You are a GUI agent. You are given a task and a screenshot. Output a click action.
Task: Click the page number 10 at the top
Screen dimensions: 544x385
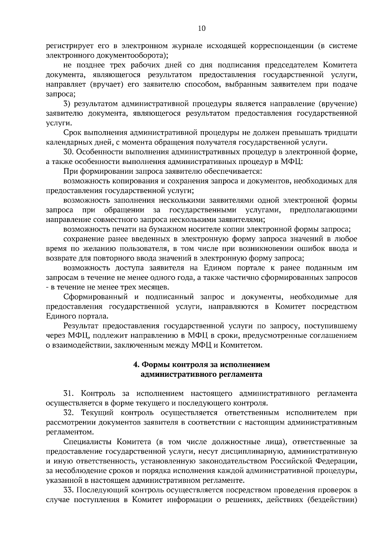[202, 28]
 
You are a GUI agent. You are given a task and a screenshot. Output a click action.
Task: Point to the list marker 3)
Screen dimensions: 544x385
[67, 104]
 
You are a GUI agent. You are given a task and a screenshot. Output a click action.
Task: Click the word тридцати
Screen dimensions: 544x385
[341, 133]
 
